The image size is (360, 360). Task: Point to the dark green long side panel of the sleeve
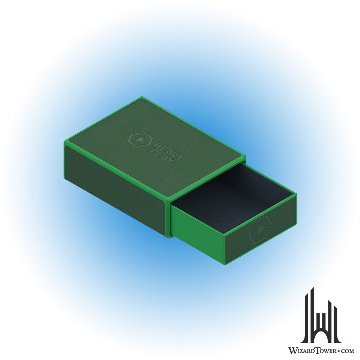pos(114,190)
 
